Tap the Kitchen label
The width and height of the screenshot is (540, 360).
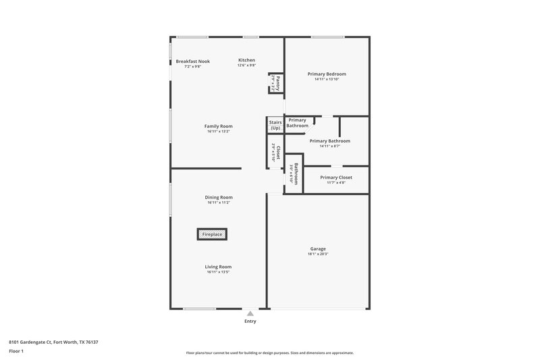[x=246, y=61]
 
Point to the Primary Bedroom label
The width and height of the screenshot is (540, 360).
[x=327, y=74]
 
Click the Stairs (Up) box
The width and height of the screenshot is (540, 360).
[x=275, y=125]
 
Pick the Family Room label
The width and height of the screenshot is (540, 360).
[x=219, y=126]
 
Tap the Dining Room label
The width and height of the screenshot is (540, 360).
[x=219, y=197]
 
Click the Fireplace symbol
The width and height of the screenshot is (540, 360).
[x=212, y=234]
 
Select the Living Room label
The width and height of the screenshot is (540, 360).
[x=219, y=267]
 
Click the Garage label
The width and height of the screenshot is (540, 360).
[x=318, y=249]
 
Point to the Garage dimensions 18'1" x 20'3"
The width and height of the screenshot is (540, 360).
[x=318, y=255]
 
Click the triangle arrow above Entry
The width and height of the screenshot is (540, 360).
[x=250, y=313]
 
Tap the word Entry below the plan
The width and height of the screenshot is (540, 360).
[x=250, y=322]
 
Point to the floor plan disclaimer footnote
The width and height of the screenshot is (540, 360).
[x=270, y=353]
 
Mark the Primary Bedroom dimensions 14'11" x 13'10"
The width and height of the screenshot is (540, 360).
[x=327, y=79]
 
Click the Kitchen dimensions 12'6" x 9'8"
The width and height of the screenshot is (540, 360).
[x=246, y=66]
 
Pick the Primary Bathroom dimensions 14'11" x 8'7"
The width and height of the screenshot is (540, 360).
[x=329, y=146]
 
